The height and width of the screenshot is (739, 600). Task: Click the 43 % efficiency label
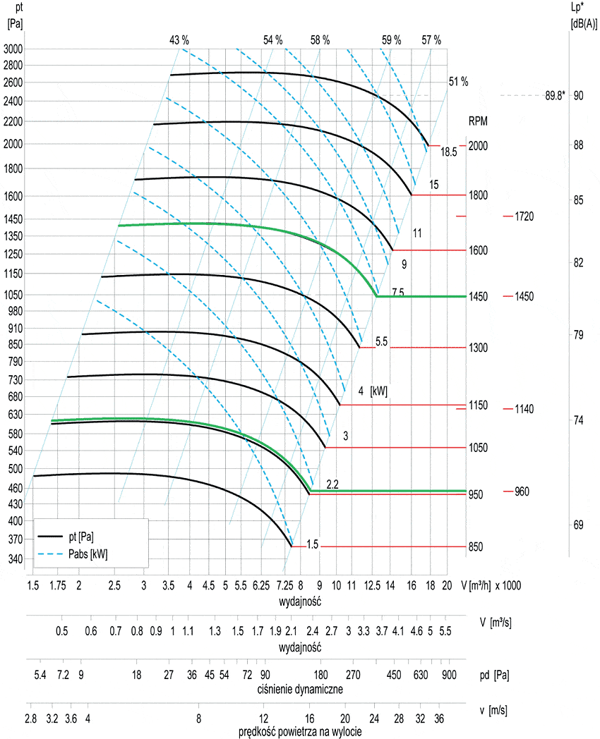(x=179, y=40)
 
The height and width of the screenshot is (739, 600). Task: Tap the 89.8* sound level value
(x=555, y=96)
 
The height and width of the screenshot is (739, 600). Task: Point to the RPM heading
(x=478, y=121)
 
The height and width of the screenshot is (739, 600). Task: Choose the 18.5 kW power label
(x=450, y=152)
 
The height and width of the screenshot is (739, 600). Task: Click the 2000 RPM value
(x=478, y=145)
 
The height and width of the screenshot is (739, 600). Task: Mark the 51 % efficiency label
(x=458, y=82)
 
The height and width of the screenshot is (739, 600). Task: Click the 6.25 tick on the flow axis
(x=261, y=586)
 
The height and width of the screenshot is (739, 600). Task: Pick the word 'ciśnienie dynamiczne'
(x=301, y=688)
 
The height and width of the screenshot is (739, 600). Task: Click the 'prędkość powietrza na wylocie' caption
(x=301, y=731)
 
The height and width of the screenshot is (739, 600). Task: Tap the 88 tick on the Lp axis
(x=578, y=145)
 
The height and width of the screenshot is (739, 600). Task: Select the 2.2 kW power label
(x=332, y=484)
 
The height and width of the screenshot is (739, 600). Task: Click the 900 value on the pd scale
(x=449, y=676)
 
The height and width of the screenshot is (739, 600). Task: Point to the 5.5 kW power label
(x=381, y=341)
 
